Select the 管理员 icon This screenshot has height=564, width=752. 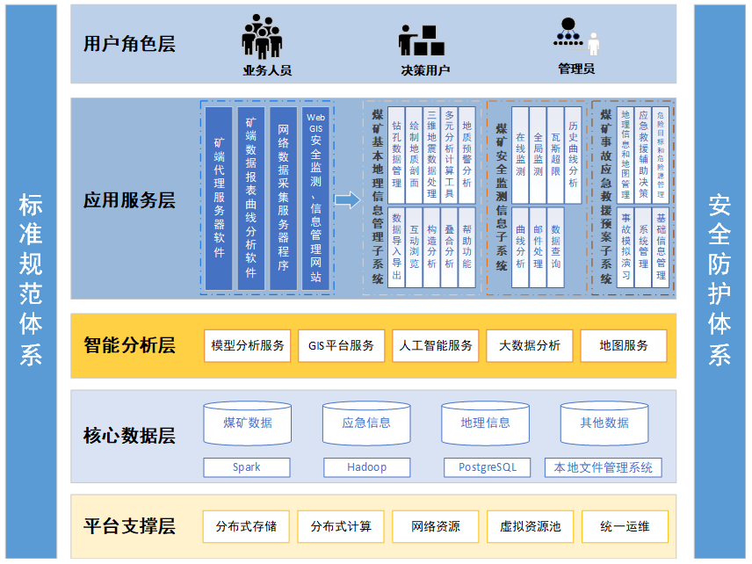click(576, 36)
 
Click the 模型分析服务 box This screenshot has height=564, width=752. click(248, 346)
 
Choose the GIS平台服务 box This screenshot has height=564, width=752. click(341, 346)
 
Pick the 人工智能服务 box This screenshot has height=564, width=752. click(436, 346)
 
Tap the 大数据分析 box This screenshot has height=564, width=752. click(530, 346)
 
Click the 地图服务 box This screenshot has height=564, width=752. click(624, 346)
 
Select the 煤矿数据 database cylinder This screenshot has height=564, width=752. click(248, 423)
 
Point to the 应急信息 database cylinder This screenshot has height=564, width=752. click(366, 423)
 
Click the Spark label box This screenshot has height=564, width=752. click(247, 467)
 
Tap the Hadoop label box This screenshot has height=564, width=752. click(366, 467)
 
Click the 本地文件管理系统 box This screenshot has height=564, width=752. click(604, 467)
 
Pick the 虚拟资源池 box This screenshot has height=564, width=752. click(530, 527)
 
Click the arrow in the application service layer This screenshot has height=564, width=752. click(348, 200)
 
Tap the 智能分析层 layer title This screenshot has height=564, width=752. click(129, 345)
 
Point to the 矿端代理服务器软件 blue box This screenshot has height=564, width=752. click(219, 199)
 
